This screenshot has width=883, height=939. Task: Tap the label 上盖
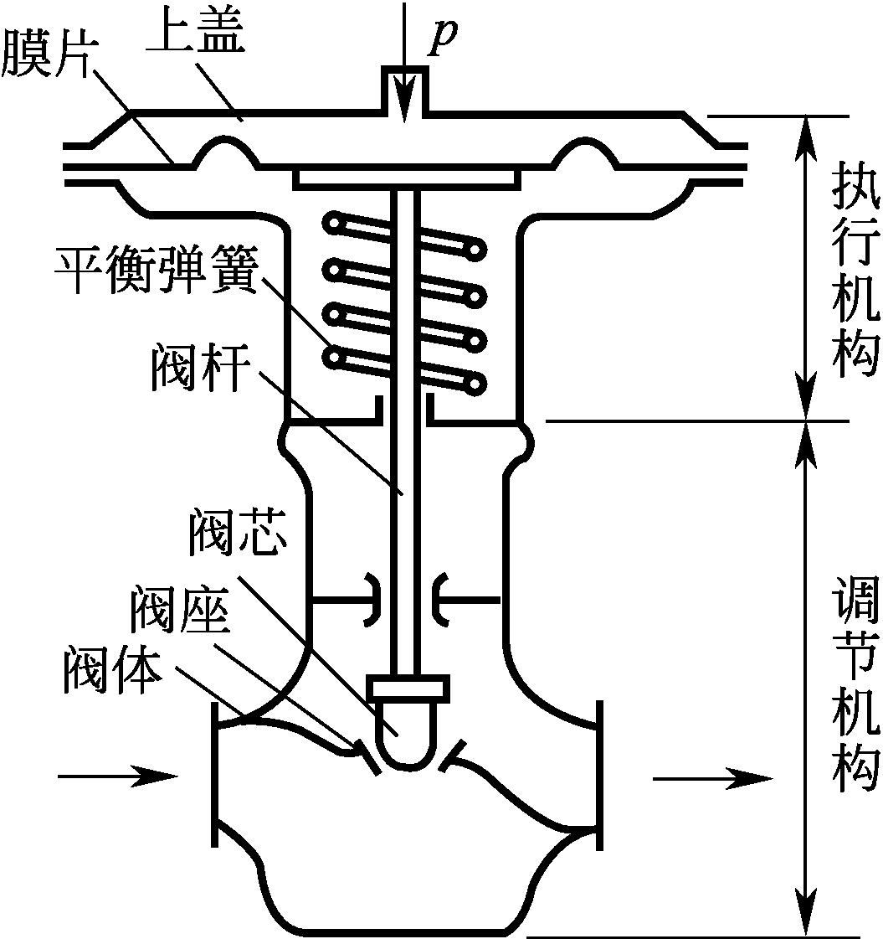click(195, 34)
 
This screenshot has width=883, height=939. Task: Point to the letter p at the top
click(444, 38)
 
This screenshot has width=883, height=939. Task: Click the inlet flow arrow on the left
click(117, 776)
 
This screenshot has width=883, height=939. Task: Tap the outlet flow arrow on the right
click(711, 779)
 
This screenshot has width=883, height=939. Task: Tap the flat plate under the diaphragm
click(407, 178)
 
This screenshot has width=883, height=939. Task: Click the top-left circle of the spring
click(336, 224)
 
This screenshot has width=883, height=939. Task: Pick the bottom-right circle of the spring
click(478, 385)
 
